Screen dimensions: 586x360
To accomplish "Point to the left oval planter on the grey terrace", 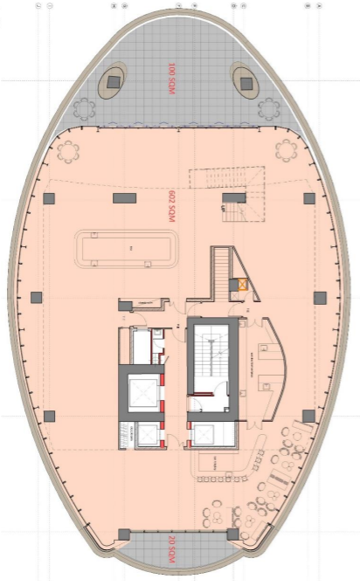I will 113,82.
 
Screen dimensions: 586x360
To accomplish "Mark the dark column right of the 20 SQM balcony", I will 232,534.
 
